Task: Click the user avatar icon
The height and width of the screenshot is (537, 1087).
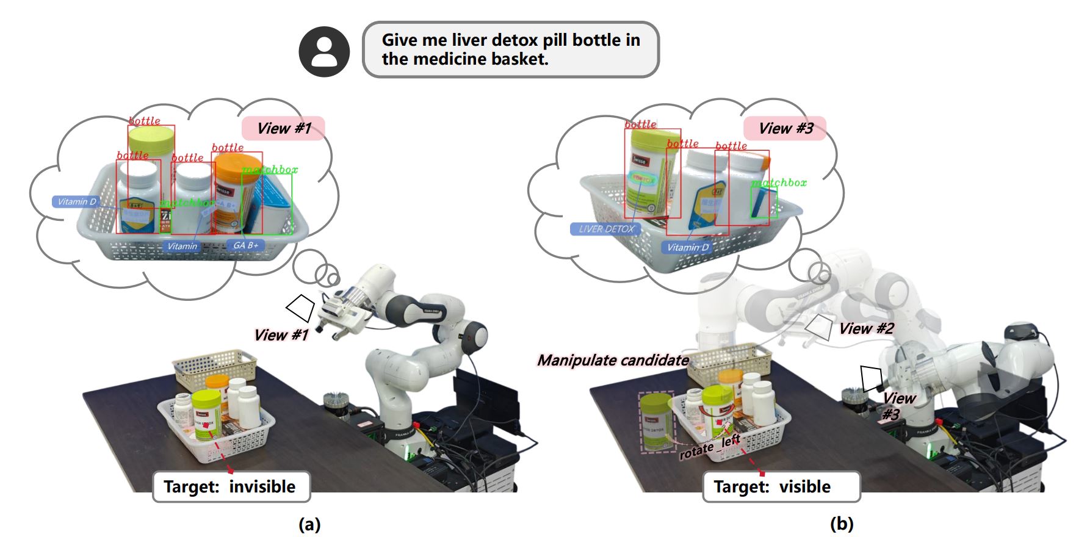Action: tap(324, 51)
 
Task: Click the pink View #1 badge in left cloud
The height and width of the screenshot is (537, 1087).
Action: tap(283, 128)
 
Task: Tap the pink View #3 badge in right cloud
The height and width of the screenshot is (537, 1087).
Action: tap(785, 128)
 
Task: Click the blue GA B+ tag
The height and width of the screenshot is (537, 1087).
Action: tap(246, 245)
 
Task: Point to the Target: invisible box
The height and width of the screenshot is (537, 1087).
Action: tap(231, 486)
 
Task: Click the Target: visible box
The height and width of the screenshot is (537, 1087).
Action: tap(781, 486)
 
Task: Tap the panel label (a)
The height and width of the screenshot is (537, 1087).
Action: tap(309, 524)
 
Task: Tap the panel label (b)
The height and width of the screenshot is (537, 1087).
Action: tap(842, 524)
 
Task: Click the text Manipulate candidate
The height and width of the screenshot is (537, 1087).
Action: tap(613, 360)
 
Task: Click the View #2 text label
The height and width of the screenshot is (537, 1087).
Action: tap(866, 328)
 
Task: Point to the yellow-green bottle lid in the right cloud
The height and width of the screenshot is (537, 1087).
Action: tap(655, 142)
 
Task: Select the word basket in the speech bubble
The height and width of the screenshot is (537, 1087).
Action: tap(519, 59)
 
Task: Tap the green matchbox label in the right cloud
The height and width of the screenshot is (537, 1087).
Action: tap(779, 182)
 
